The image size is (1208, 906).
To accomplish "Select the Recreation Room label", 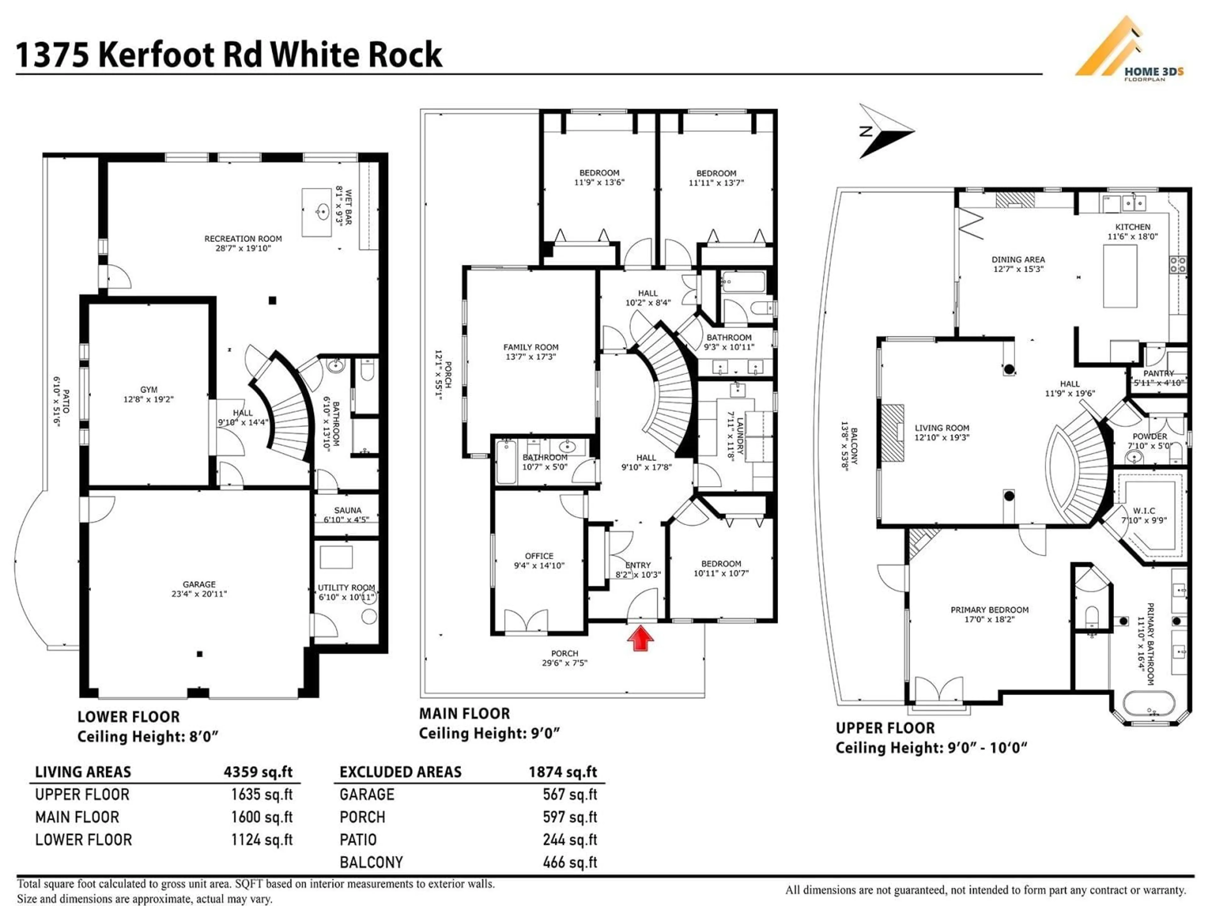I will point(243,239).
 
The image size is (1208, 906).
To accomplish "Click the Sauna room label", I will point(347,510).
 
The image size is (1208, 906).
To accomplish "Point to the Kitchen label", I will point(1132,226).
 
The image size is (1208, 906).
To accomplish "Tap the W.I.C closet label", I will point(1144,511).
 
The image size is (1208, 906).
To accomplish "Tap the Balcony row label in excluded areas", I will point(371,862).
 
